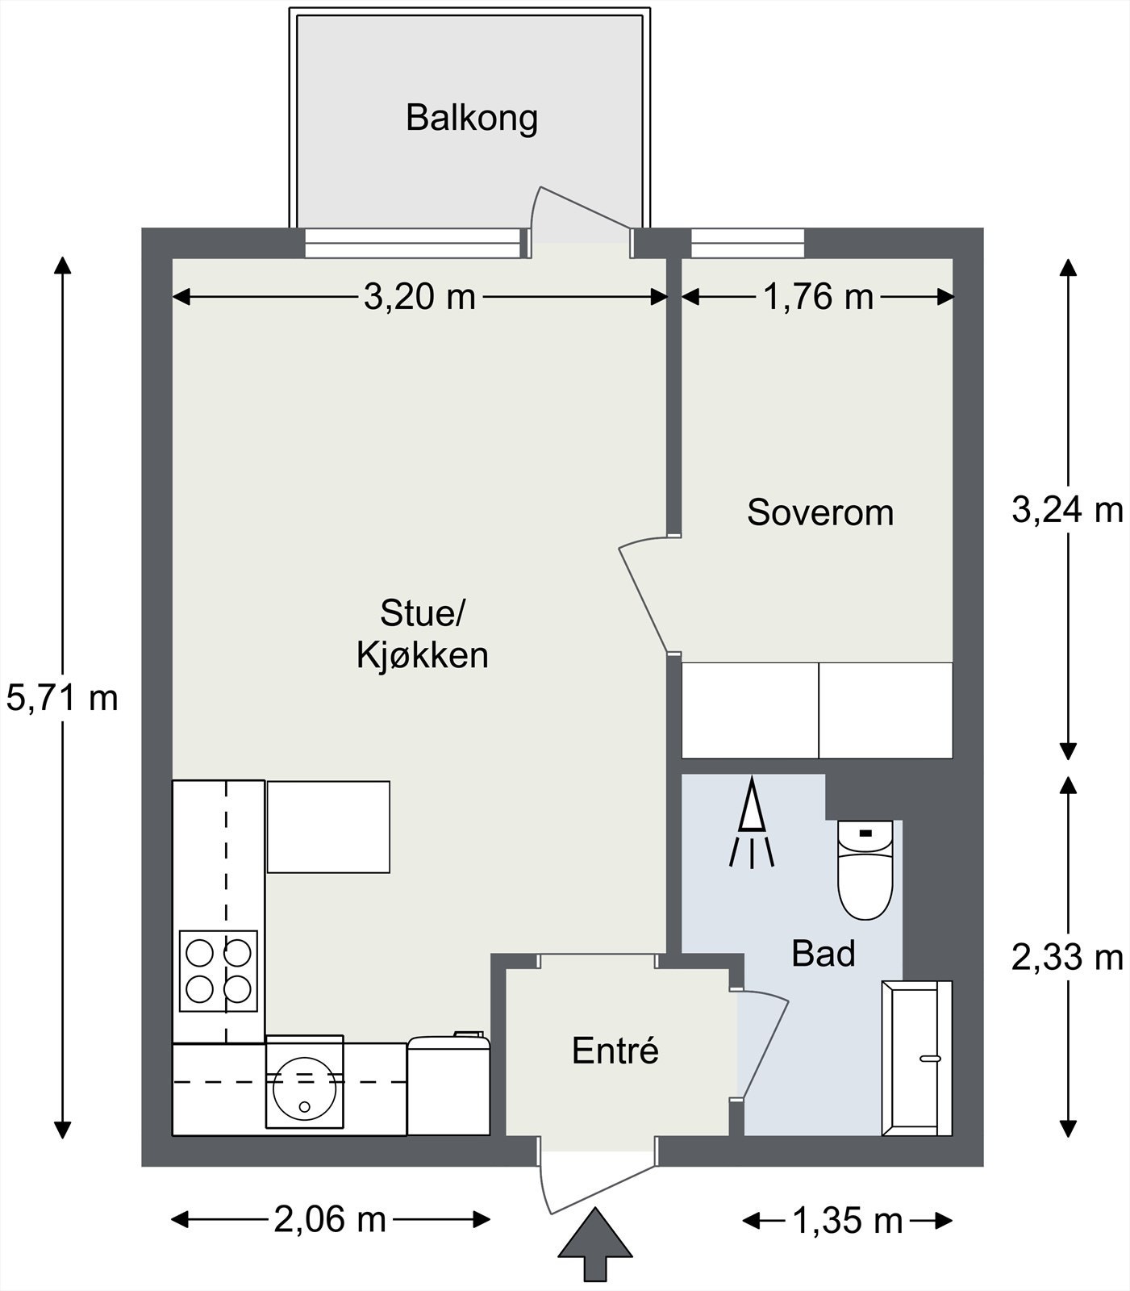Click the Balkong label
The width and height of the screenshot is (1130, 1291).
(472, 118)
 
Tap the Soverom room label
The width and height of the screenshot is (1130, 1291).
(820, 513)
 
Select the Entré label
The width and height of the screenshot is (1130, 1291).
(615, 1051)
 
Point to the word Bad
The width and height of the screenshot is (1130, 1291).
(823, 954)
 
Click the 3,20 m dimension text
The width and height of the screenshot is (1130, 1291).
(419, 297)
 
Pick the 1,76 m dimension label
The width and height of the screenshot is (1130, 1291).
(818, 297)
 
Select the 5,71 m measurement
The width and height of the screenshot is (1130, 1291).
(62, 697)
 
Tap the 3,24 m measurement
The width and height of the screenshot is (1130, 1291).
(1067, 510)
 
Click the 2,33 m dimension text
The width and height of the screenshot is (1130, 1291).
(1067, 958)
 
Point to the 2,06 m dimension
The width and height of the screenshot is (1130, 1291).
(330, 1219)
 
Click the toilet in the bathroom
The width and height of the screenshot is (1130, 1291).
(865, 870)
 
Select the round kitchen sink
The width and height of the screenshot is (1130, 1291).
(304, 1085)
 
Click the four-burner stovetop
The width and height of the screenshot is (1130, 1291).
(219, 971)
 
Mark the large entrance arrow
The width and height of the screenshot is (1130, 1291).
(595, 1243)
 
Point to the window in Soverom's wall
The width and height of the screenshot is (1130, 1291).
(748, 243)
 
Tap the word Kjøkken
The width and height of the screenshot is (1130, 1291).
(423, 655)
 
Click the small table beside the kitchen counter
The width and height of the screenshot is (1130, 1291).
(328, 827)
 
